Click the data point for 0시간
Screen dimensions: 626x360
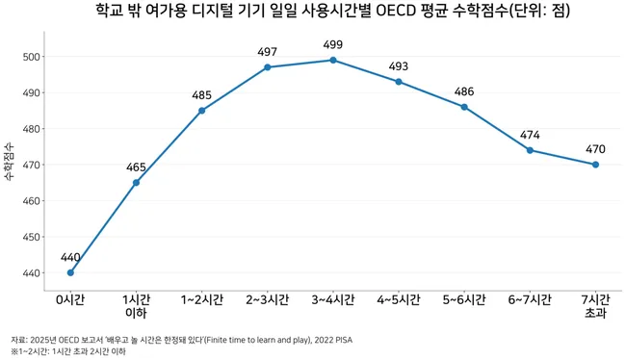point(70,272)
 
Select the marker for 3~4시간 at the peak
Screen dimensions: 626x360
point(333,61)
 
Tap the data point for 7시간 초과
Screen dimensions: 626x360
point(595,165)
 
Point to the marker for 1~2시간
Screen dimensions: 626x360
point(201,111)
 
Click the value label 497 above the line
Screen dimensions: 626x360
point(267,52)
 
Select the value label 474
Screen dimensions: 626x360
point(530,135)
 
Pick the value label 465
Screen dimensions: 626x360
point(136,167)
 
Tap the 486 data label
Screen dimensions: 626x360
point(464,91)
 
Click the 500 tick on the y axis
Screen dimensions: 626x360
point(32,57)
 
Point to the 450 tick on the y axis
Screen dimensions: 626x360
point(32,237)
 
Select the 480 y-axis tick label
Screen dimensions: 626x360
point(32,129)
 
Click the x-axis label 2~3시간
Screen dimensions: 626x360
point(267,299)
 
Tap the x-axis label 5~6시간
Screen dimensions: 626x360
point(464,299)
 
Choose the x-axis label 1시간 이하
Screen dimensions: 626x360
point(136,306)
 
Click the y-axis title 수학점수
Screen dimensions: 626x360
point(9,162)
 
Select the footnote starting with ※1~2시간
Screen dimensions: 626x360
point(68,351)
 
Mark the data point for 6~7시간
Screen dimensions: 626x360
point(530,150)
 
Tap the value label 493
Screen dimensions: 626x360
point(399,66)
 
